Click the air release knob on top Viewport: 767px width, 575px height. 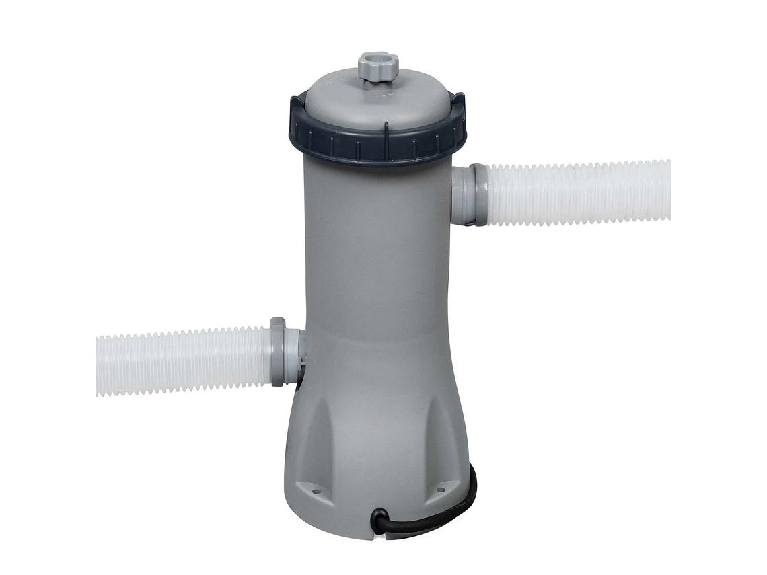(x=378, y=67)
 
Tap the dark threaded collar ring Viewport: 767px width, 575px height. (x=377, y=144)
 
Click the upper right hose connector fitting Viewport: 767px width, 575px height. (x=466, y=195)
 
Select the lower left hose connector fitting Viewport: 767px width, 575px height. (x=287, y=354)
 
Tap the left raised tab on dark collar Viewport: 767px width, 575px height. (x=296, y=108)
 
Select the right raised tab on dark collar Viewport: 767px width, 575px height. (x=459, y=103)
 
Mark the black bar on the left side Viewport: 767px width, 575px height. (x=47, y=287)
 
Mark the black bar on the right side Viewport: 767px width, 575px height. (x=719, y=287)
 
